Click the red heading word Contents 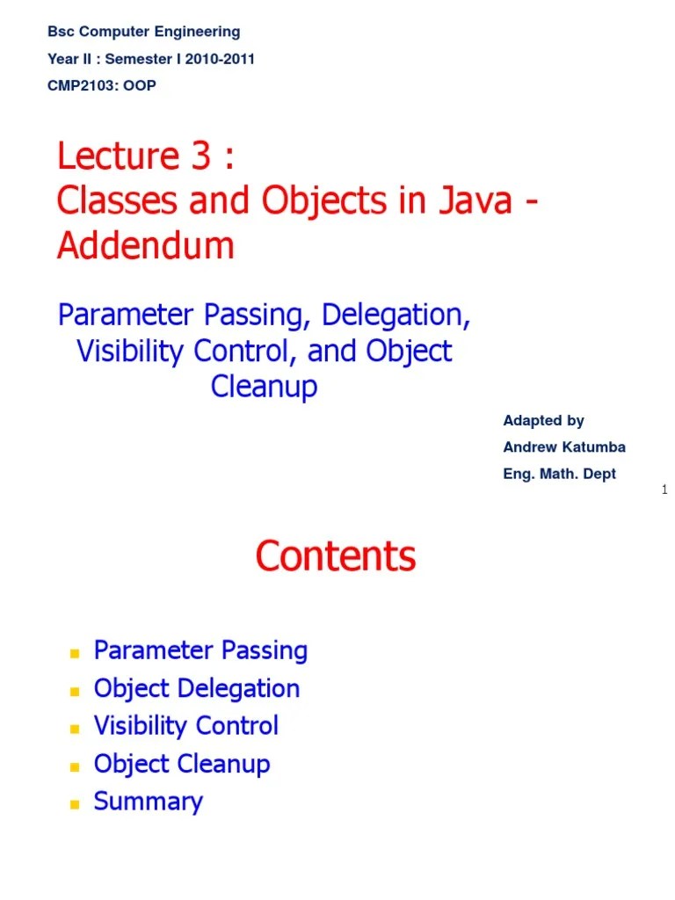[x=335, y=556]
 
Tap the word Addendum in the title [x=146, y=246]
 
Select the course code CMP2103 [x=83, y=86]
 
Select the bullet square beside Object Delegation [x=75, y=691]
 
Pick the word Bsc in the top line [x=60, y=32]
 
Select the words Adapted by [x=543, y=421]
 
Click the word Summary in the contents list [x=148, y=802]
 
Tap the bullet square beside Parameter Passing [x=75, y=653]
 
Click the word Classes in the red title [x=112, y=201]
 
